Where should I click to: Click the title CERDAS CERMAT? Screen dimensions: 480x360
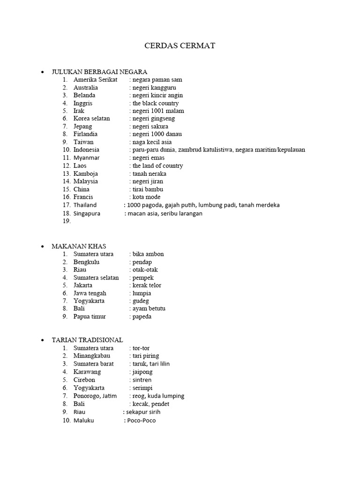point(180,46)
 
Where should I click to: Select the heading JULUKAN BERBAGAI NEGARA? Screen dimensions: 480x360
point(99,72)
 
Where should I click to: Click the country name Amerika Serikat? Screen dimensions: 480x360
point(95,80)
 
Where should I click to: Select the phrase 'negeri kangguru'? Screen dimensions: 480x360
point(154,88)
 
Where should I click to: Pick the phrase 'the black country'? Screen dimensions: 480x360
point(156,103)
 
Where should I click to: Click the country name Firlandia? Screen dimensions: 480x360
point(85,134)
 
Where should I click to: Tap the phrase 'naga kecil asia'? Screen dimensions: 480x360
point(152,142)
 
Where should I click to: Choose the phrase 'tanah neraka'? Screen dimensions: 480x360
point(149,173)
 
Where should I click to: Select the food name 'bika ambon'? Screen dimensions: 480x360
point(148,254)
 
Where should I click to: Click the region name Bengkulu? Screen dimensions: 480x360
point(86,262)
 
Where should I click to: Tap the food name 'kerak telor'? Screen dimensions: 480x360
point(147,285)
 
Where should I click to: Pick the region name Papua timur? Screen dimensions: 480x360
point(90,316)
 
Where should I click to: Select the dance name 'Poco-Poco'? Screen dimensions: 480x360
point(142,420)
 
